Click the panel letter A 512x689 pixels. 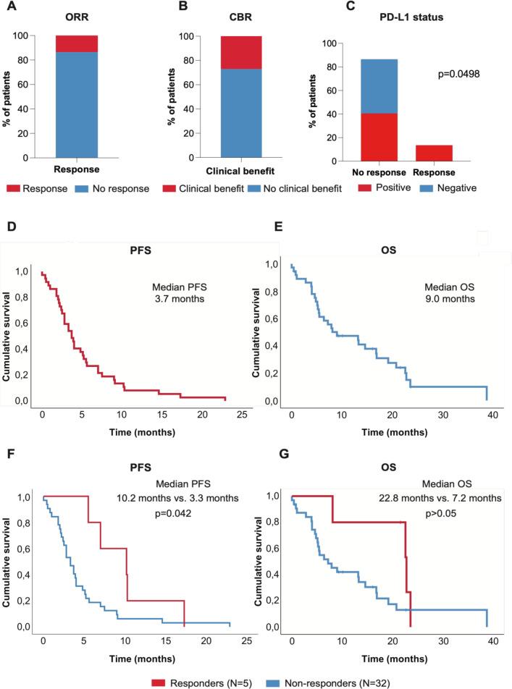(x=8, y=7)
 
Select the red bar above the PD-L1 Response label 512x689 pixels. (x=434, y=153)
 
